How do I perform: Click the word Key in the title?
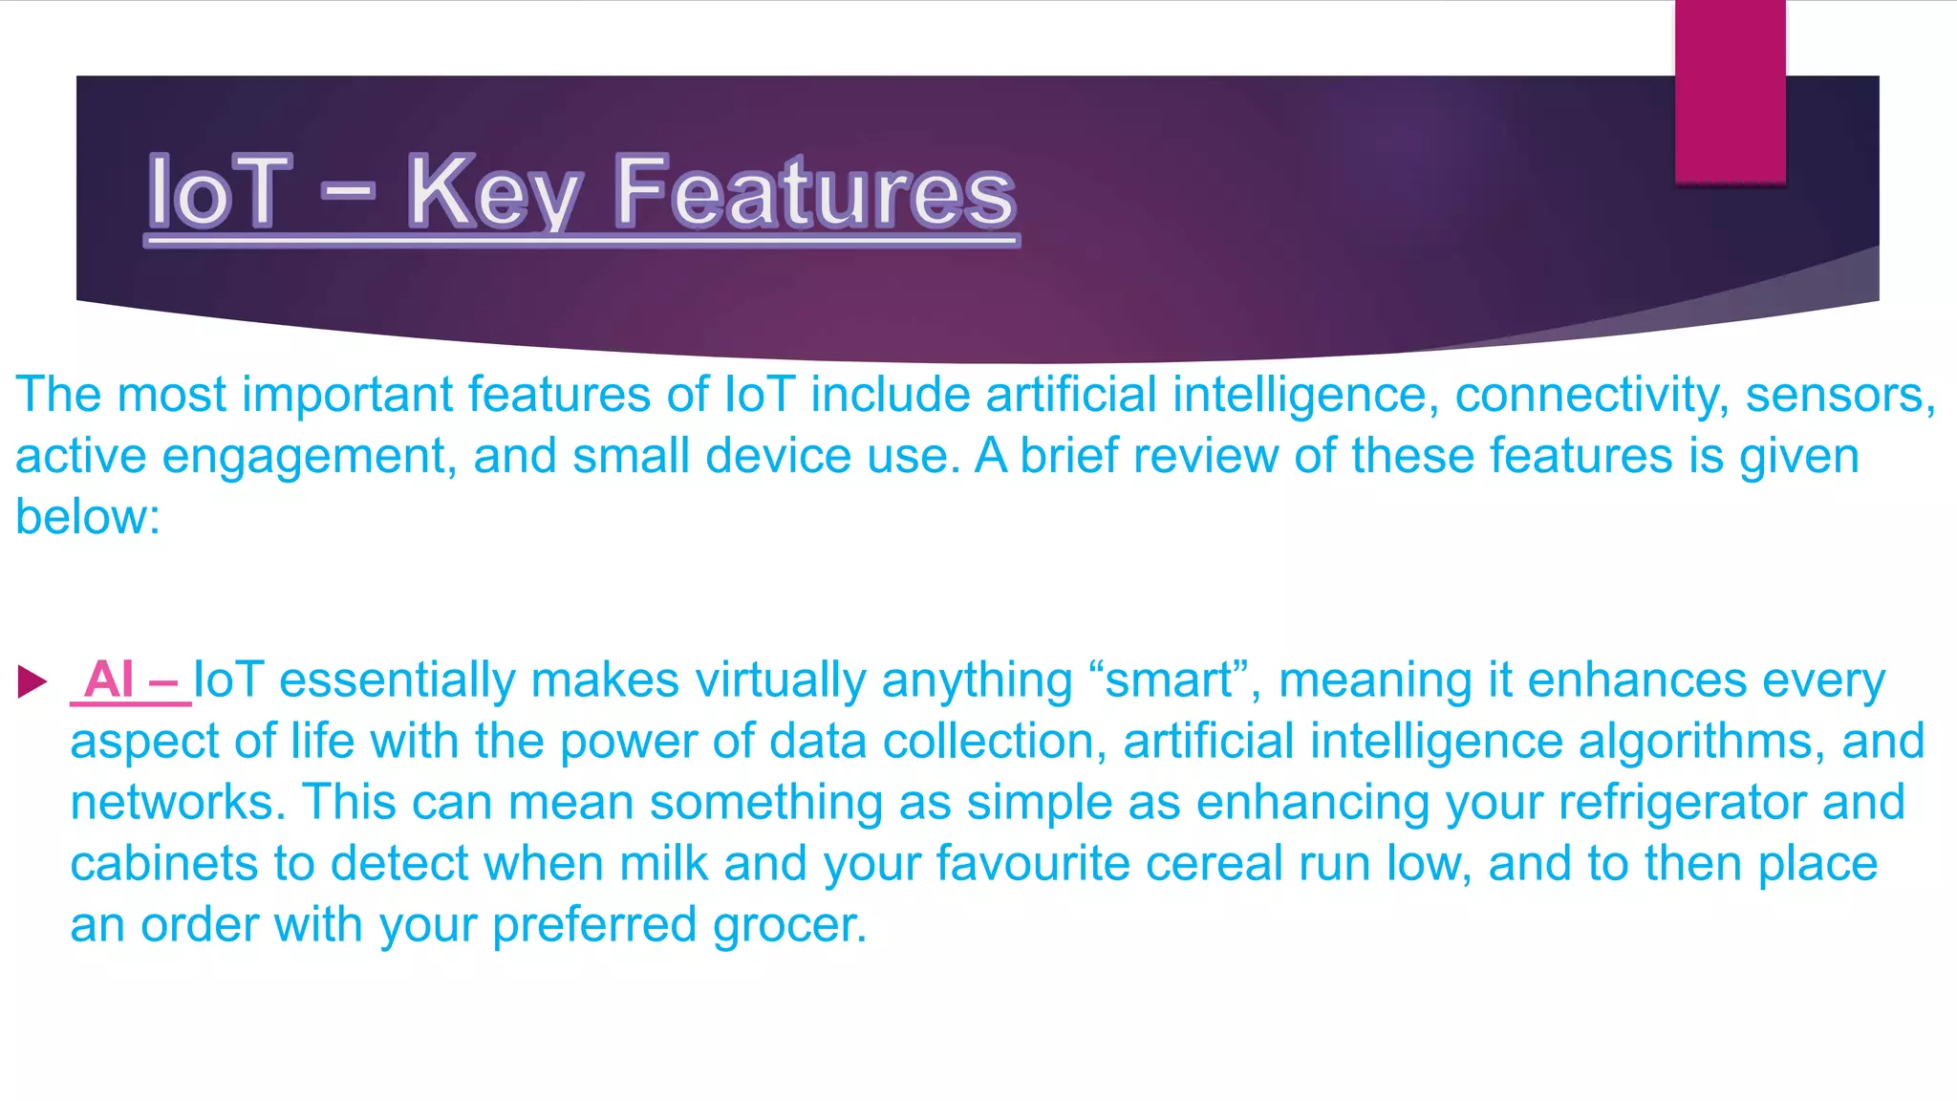(x=494, y=193)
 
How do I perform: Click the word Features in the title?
(x=814, y=193)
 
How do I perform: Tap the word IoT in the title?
(x=219, y=193)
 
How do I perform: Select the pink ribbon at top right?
(x=1730, y=92)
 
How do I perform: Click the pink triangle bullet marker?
(x=32, y=681)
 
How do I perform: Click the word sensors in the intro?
(x=1839, y=395)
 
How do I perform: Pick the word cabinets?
(x=163, y=864)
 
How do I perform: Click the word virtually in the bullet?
(x=780, y=680)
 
